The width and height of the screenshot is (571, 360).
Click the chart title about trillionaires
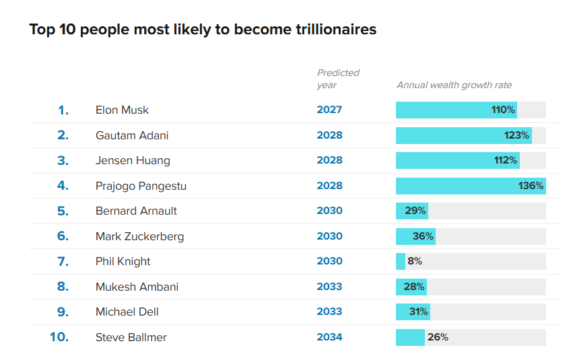point(203,30)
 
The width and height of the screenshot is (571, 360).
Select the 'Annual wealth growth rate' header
point(454,85)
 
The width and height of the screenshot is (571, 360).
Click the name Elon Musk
point(122,110)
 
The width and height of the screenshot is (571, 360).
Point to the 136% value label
point(531,186)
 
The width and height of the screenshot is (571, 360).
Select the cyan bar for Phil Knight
point(400,261)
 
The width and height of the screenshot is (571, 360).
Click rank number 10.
point(59,337)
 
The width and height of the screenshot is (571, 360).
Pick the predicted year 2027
point(329,110)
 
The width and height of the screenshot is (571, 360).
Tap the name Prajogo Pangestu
point(141,186)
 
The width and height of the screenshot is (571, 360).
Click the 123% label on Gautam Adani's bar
point(516,135)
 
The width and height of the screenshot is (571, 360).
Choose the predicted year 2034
point(329,337)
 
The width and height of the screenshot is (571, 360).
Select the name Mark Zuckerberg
point(139,236)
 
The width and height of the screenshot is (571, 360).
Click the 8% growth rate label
point(415,261)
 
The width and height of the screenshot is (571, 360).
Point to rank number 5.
point(63,211)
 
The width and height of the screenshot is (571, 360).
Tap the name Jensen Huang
point(133,161)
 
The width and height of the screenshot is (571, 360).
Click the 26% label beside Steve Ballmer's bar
point(438,337)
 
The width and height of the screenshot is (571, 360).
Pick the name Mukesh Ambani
point(137,287)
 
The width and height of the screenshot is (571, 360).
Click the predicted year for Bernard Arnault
point(329,211)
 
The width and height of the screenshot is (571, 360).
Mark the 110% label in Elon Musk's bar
point(503,110)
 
